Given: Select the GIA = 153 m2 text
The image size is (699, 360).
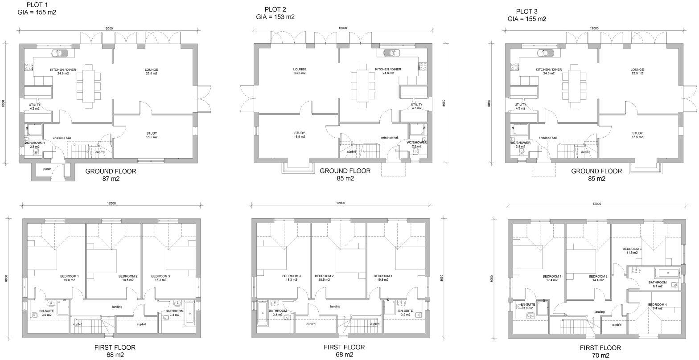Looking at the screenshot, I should coord(275,17).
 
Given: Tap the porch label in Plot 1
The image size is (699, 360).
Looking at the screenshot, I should coord(47,169).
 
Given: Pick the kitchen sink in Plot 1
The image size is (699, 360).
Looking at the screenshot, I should coord(59,53).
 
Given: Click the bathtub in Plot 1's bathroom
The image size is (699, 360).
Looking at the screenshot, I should coord(189,314).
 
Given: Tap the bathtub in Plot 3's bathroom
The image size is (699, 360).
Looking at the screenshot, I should coord(667,272).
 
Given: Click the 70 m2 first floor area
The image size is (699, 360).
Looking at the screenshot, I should coord(600,355).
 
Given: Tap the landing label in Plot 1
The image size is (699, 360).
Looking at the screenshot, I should coord(117,307).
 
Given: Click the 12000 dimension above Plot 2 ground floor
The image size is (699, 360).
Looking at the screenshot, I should coord(342,28).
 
